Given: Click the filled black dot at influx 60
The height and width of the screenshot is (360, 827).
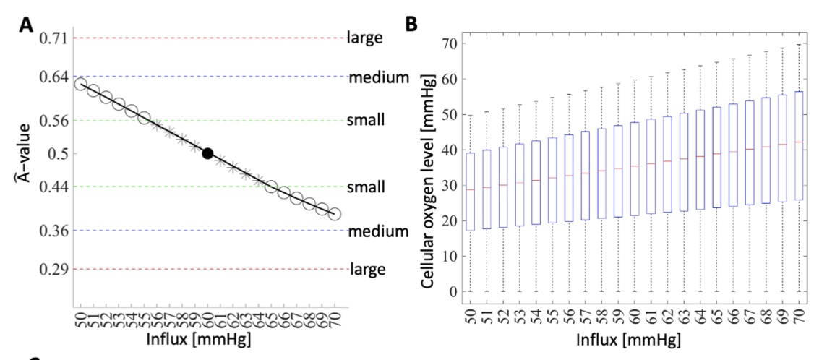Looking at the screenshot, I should click(x=207, y=153).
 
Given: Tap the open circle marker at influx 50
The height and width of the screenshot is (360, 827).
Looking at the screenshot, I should click(x=80, y=85).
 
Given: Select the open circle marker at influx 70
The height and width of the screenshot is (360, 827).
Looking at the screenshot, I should click(x=334, y=214).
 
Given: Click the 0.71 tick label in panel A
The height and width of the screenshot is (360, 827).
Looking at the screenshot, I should click(x=54, y=38).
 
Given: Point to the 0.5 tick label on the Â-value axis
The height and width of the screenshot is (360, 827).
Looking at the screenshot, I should click(x=59, y=153).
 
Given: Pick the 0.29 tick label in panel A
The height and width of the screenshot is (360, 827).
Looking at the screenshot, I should click(x=54, y=270).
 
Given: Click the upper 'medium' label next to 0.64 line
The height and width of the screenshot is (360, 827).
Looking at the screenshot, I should click(x=379, y=77).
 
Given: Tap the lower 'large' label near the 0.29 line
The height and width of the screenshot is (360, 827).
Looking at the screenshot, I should click(x=368, y=270).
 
